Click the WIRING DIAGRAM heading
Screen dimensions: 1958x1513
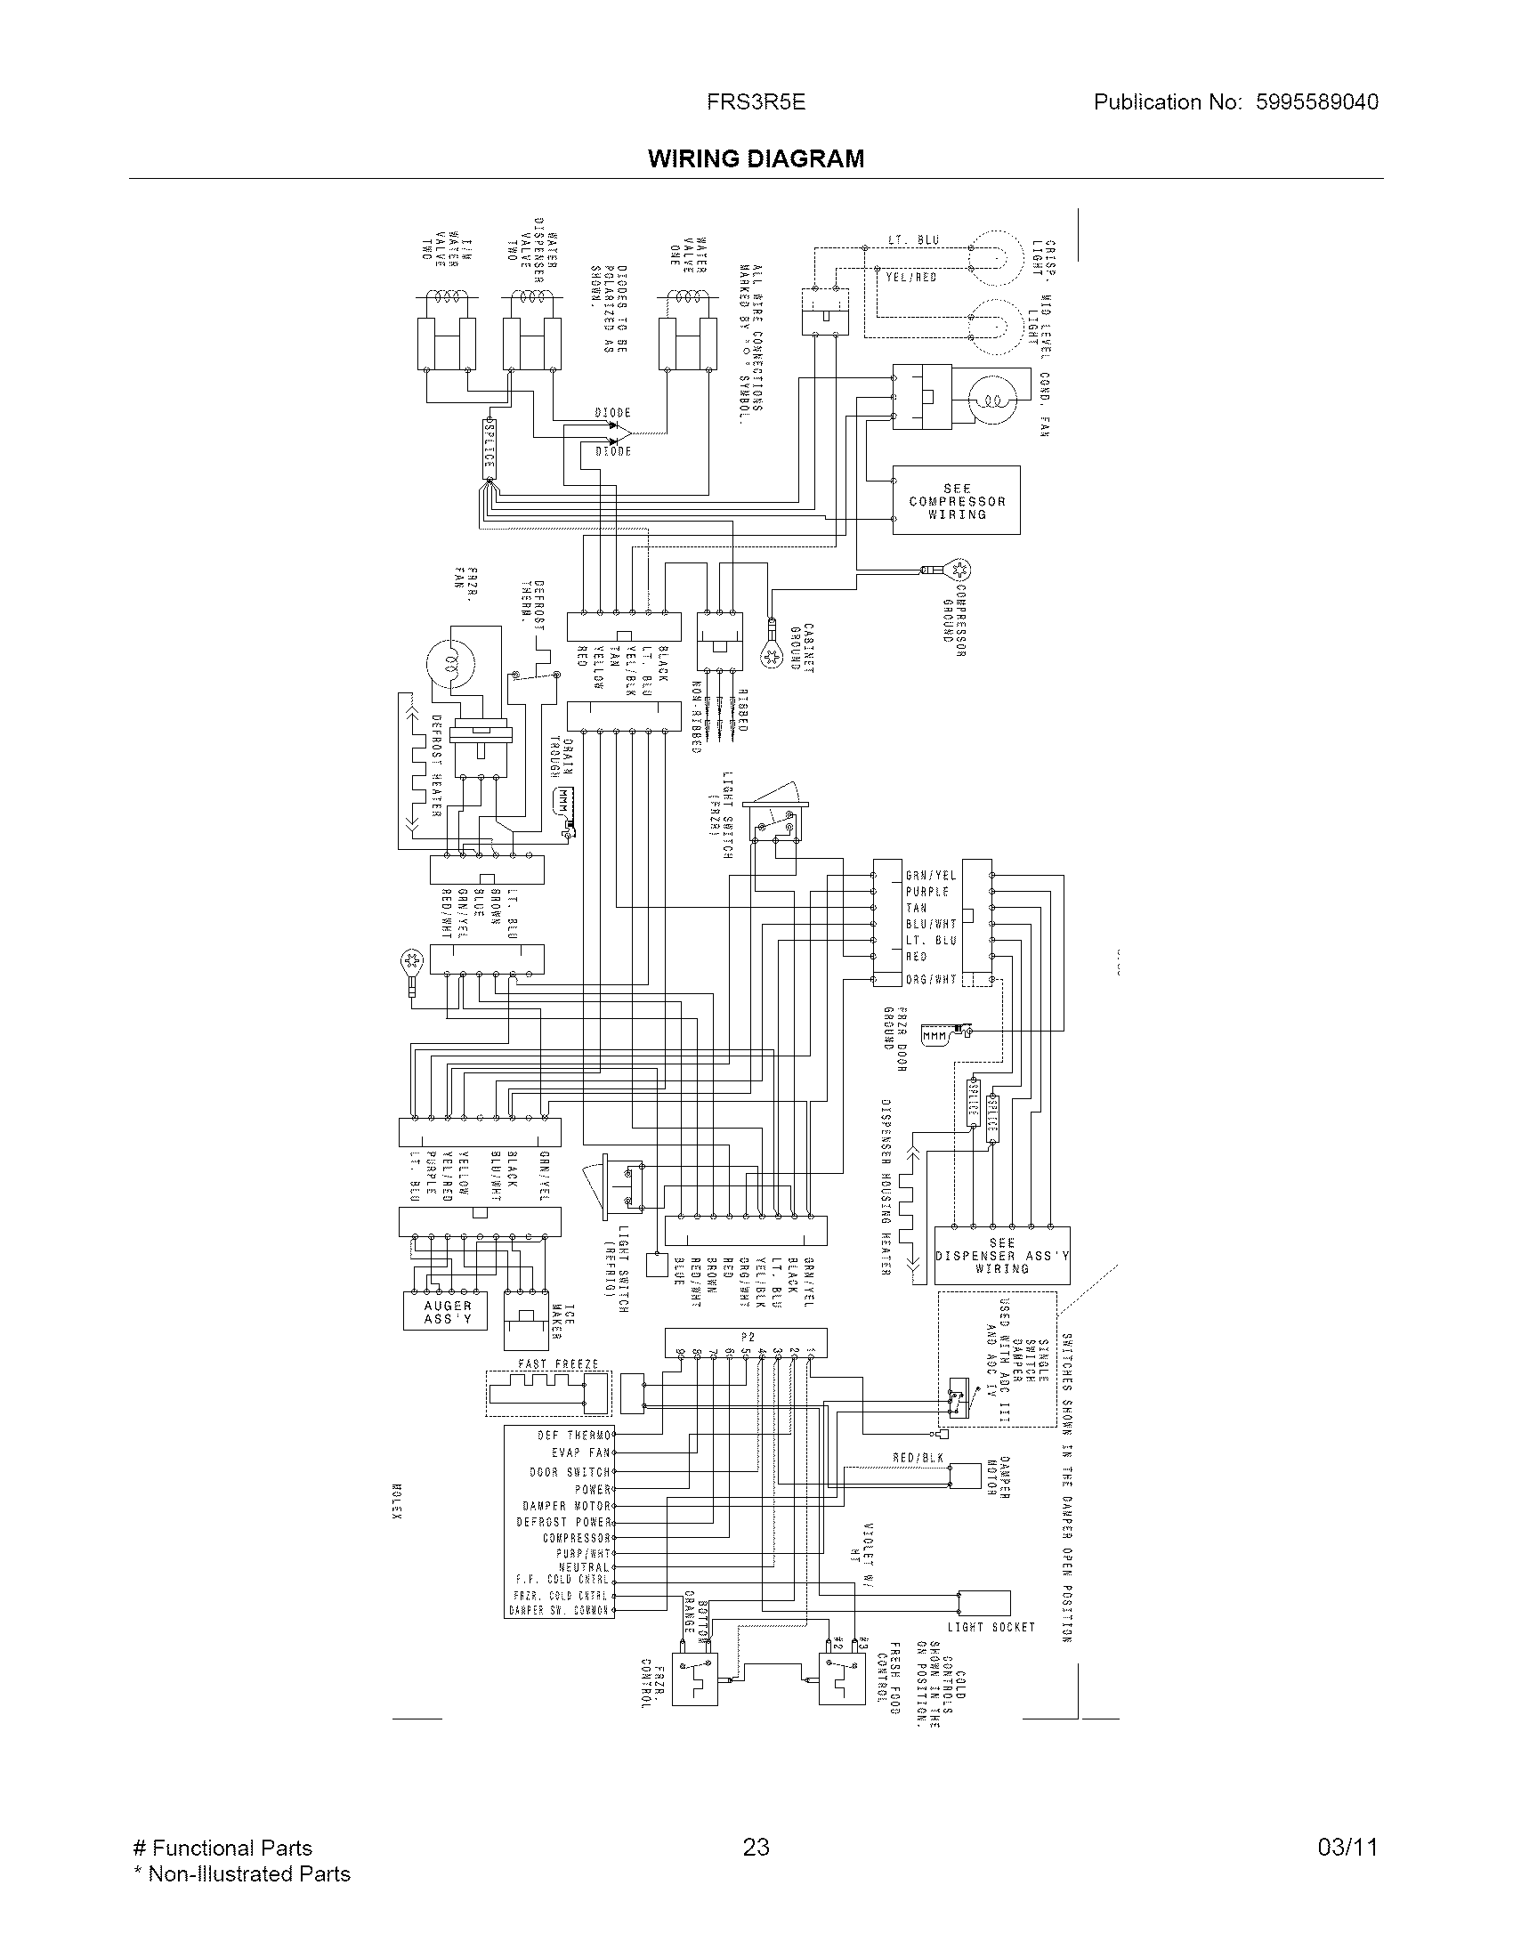756,158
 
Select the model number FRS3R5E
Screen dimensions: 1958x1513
756,102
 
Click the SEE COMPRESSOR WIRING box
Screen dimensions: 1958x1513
956,501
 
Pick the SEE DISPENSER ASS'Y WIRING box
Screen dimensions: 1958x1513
1001,1256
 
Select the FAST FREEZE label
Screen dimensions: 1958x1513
557,1363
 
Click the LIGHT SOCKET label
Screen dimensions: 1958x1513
991,1627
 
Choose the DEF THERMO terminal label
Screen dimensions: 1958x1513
574,1436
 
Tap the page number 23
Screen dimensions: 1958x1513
756,1847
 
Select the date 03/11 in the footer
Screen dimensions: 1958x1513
1347,1847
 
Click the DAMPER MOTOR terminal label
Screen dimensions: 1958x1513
566,1506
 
